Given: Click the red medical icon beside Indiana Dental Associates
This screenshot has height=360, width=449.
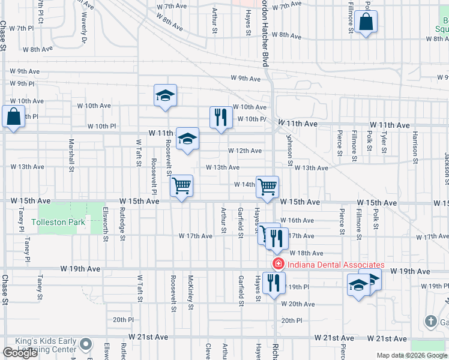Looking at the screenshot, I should pos(278,264).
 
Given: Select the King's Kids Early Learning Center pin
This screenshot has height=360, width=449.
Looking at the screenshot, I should pos(86,344).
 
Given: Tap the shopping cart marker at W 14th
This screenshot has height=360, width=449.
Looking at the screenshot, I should pos(267,186).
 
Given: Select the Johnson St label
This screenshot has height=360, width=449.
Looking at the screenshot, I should pos(289,150).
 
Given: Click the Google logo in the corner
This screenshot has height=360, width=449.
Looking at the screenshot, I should pos(20,353).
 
